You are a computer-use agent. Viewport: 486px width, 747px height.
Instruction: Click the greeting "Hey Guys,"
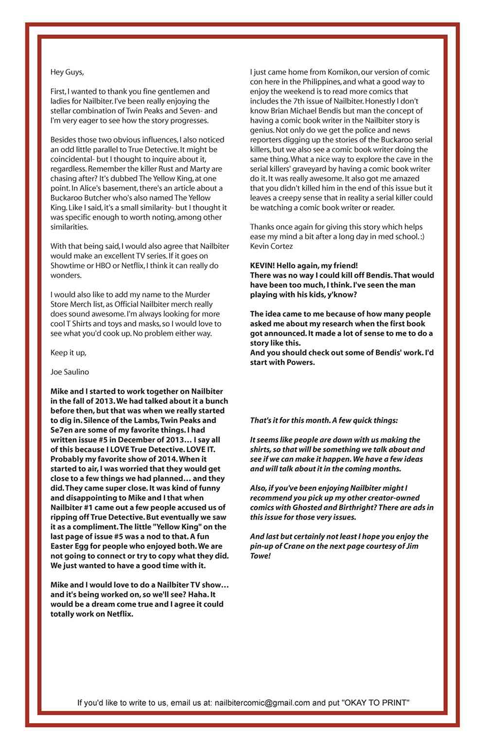pos(67,72)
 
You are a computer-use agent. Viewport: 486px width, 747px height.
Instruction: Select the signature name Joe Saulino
pos(69,372)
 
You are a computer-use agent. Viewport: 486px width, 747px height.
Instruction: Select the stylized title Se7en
pos(61,430)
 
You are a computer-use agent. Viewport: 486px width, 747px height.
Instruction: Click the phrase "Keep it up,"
pos(68,352)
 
